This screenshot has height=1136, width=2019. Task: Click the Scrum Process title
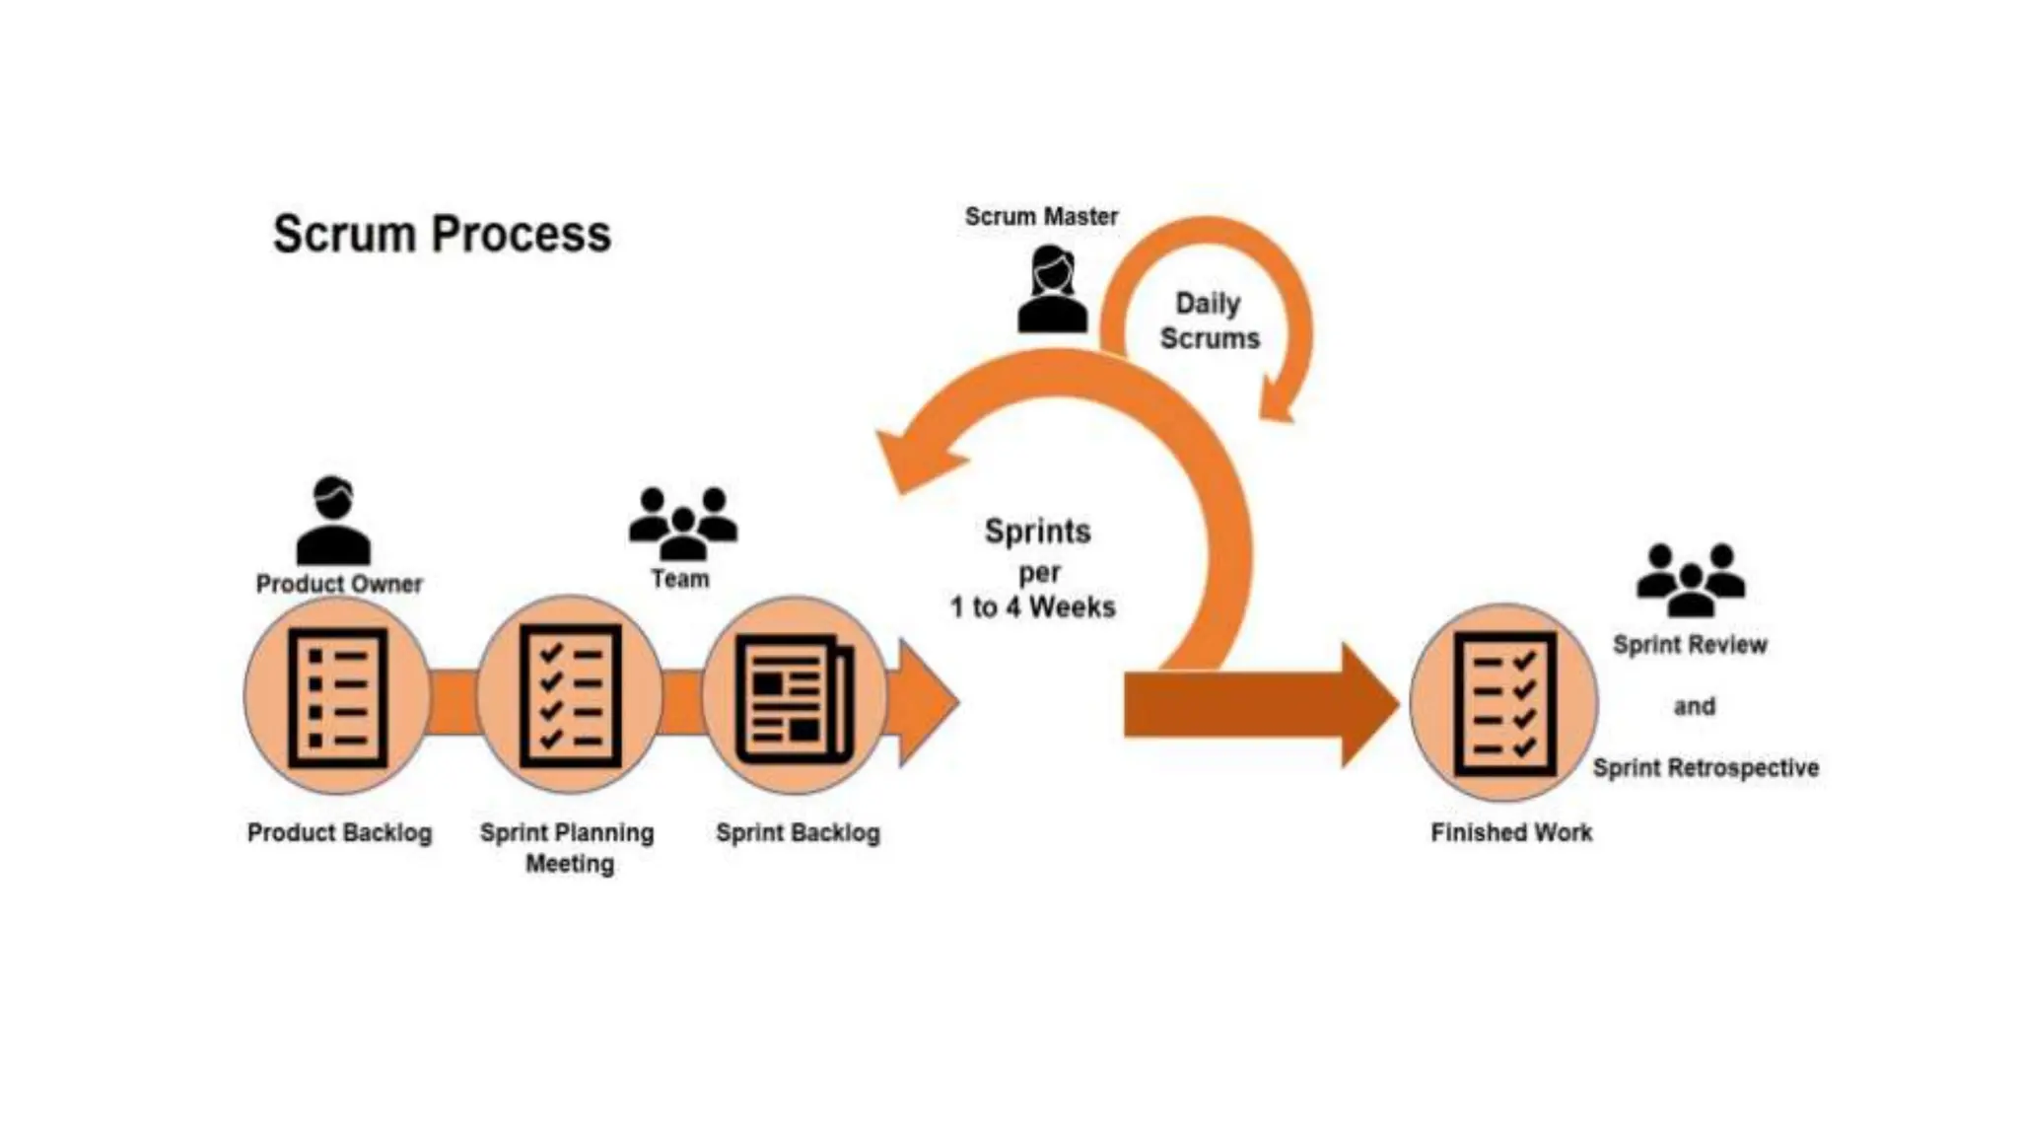[x=442, y=235]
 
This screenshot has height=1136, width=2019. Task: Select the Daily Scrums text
[x=1209, y=320]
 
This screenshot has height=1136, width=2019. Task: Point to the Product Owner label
[x=339, y=584]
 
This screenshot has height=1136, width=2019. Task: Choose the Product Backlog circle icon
[x=337, y=696]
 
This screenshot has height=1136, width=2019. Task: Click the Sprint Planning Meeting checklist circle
[x=570, y=695]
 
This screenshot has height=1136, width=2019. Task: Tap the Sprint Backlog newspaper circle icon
[x=795, y=697]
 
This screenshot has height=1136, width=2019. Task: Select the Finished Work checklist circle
[x=1504, y=703]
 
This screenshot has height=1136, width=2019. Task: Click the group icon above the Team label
[x=682, y=523]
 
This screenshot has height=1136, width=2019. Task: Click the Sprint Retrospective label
[x=1706, y=768]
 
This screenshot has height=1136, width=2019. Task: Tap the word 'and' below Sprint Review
[x=1694, y=706]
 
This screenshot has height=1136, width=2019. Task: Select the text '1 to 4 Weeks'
[x=1032, y=607]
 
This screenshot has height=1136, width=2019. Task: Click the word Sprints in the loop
[x=1037, y=532]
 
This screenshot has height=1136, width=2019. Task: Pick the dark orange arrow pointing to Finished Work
[x=1252, y=705]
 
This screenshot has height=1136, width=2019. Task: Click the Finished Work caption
[x=1510, y=833]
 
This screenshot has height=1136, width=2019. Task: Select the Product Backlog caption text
[x=339, y=833]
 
